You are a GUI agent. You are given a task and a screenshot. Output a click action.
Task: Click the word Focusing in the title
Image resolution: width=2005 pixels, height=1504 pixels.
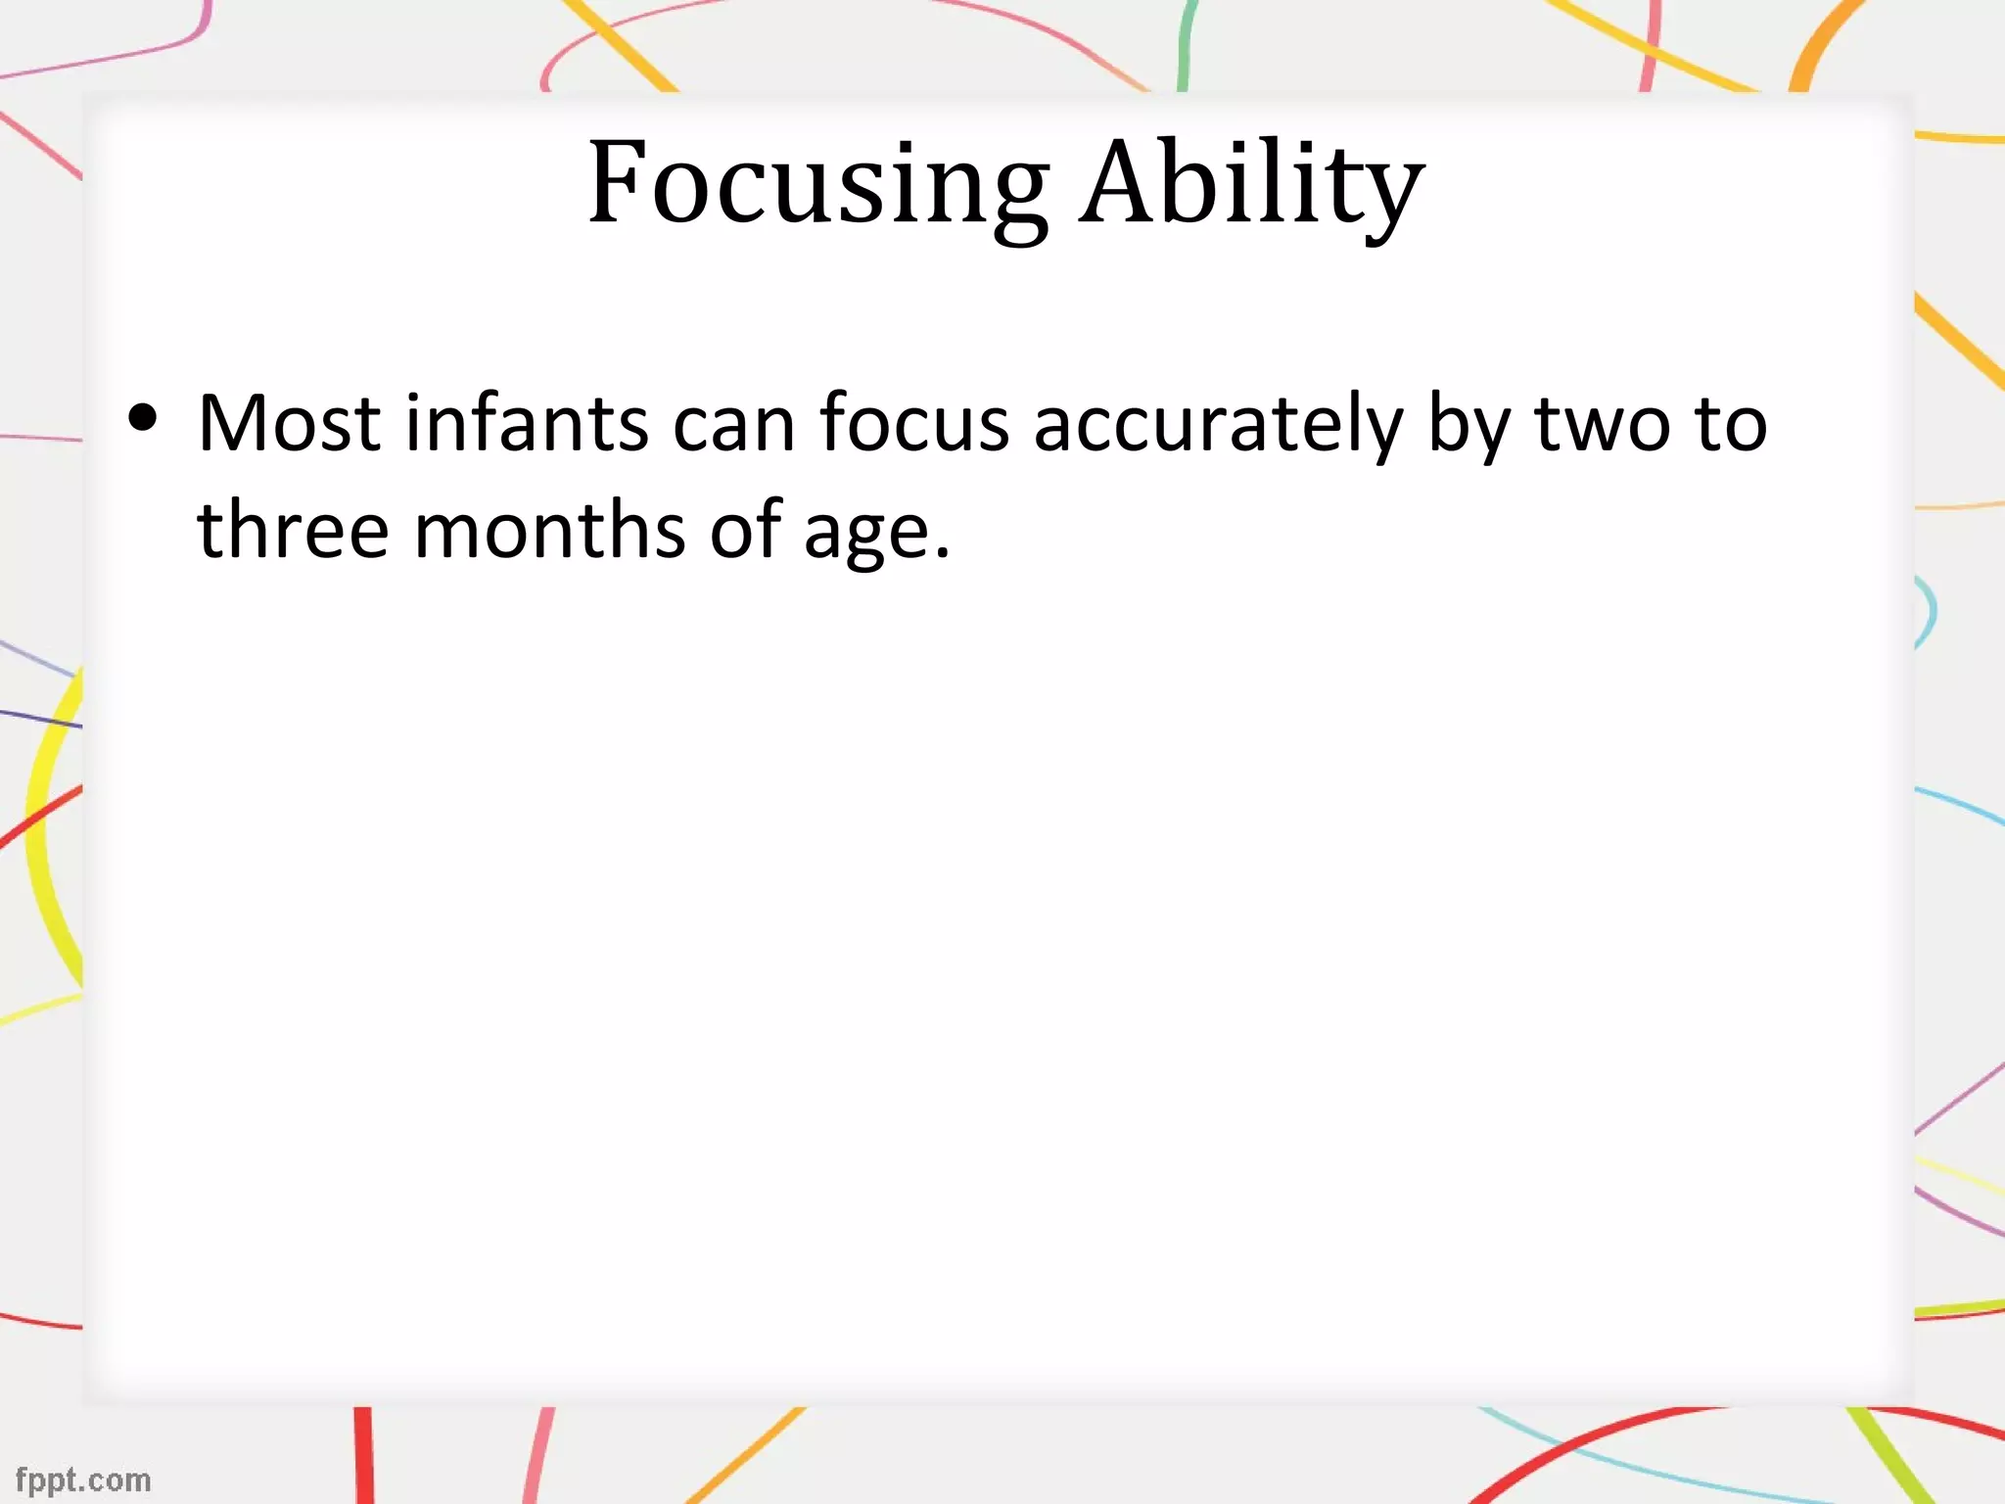[x=817, y=183]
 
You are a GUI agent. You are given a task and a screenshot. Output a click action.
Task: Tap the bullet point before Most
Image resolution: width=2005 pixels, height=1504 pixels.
[x=143, y=419]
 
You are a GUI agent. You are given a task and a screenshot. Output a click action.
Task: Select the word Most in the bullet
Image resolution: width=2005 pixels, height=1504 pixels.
[x=289, y=423]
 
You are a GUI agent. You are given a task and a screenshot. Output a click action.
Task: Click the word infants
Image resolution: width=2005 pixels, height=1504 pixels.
[x=527, y=423]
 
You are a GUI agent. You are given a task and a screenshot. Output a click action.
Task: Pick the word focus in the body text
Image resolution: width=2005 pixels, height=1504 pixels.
[x=913, y=423]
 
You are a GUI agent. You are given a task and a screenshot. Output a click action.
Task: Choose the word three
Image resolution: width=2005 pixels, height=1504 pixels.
[x=293, y=530]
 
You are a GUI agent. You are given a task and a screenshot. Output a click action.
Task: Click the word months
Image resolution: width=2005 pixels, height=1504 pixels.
[x=549, y=530]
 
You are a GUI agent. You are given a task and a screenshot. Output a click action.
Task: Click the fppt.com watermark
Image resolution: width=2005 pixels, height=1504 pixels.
[x=83, y=1480]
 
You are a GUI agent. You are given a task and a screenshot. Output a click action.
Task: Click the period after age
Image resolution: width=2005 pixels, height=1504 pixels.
[x=942, y=554]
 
